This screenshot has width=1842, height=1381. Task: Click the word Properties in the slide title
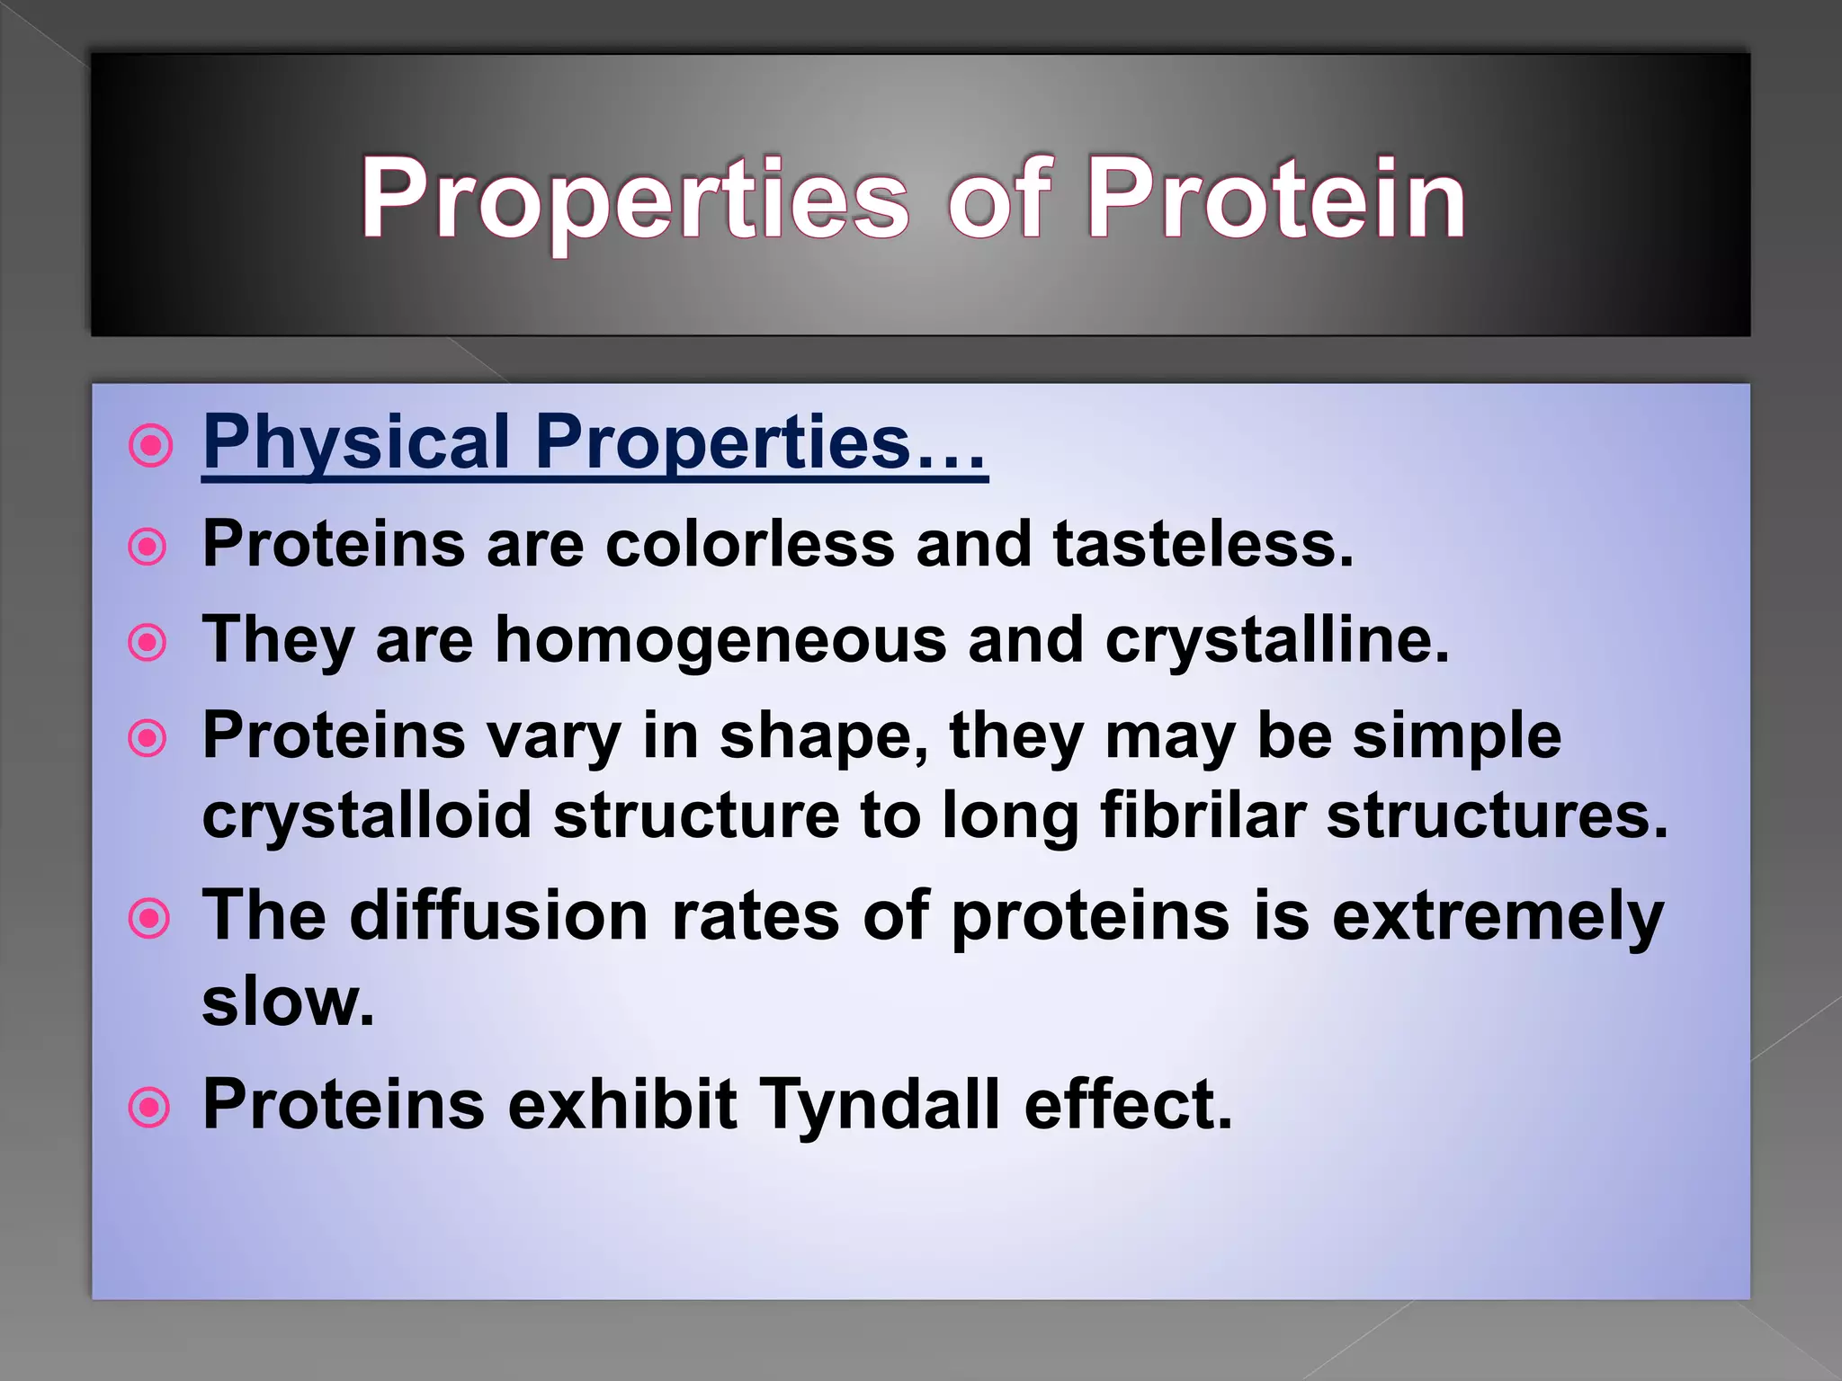click(635, 200)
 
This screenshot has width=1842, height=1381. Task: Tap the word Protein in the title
click(1276, 200)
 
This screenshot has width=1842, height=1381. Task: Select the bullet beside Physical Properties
click(150, 445)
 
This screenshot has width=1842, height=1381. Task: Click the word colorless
click(750, 544)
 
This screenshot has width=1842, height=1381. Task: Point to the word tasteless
click(1203, 544)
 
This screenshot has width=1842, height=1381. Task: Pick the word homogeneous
click(720, 640)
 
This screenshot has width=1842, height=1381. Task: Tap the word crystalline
click(1276, 640)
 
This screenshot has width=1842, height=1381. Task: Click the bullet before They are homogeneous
click(148, 644)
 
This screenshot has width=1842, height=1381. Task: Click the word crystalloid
click(367, 815)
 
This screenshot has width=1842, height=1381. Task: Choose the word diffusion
click(499, 916)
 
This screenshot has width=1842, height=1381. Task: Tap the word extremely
click(1497, 916)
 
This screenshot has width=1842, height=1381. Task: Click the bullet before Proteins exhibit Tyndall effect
click(148, 1108)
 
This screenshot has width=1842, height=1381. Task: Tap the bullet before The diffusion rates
click(148, 920)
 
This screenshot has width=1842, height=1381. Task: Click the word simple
click(1456, 736)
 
